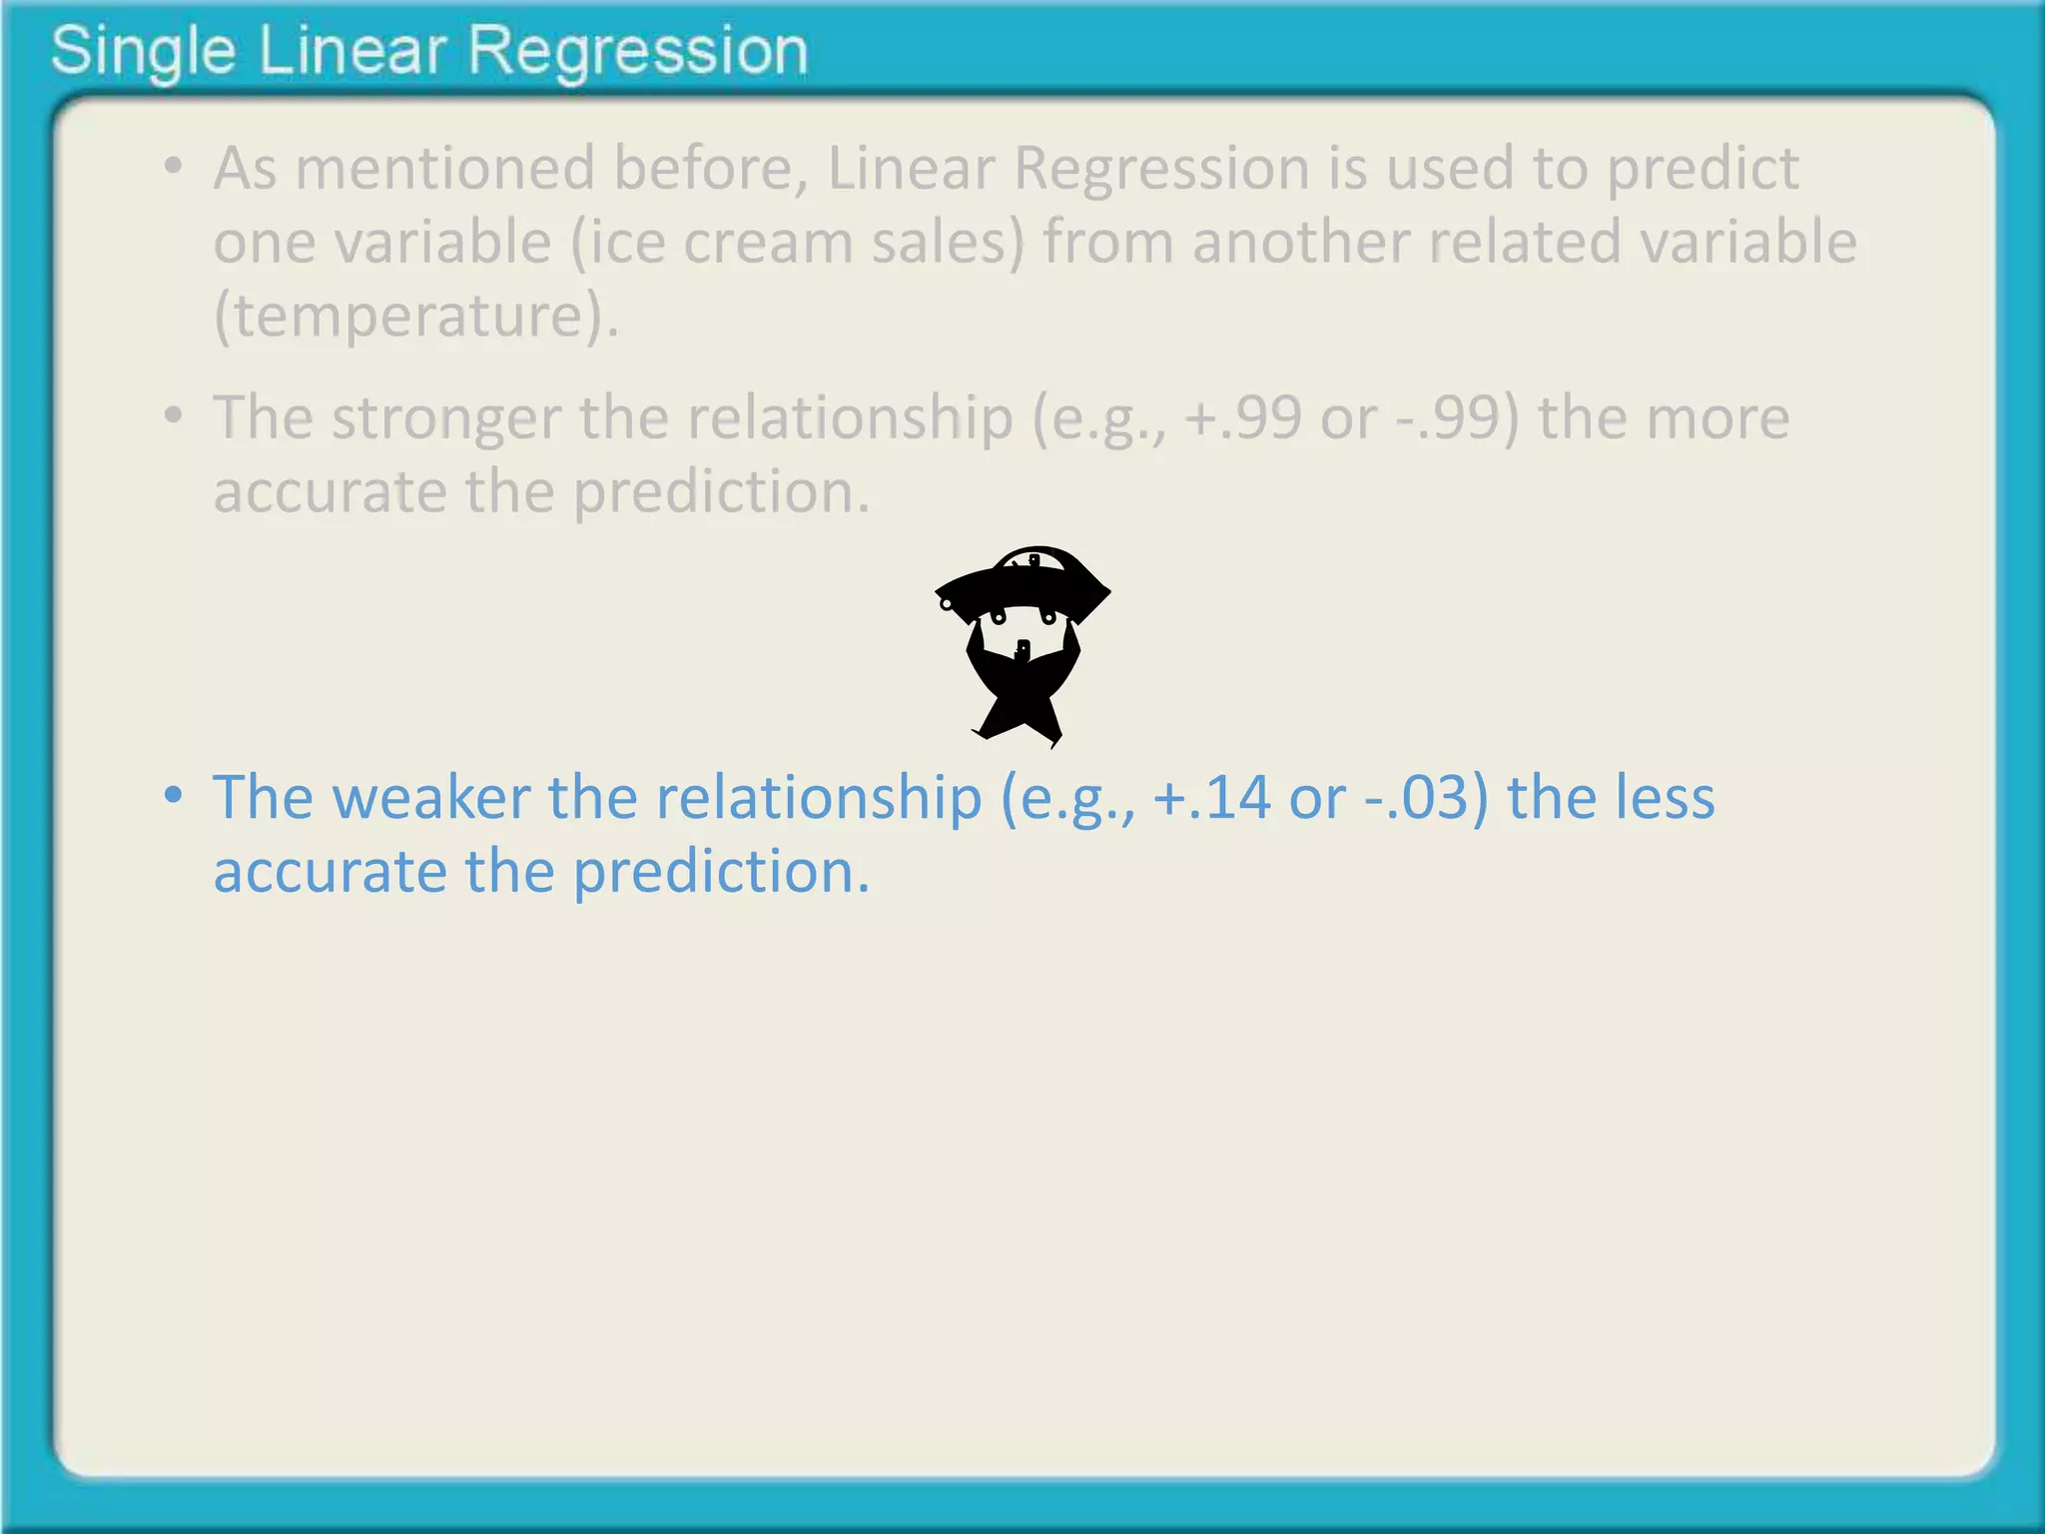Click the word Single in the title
coord(143,51)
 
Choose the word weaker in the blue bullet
coord(430,798)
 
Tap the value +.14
coord(1211,798)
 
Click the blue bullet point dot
coord(174,796)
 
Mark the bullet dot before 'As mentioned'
coord(174,166)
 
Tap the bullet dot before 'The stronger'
coord(174,414)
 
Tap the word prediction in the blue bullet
coord(721,872)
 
